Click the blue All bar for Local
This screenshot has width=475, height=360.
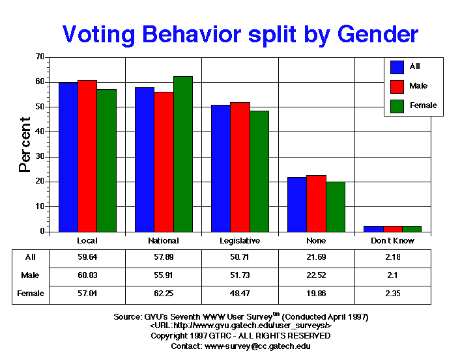68,157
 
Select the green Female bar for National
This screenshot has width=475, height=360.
182,154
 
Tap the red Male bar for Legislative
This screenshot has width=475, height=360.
240,167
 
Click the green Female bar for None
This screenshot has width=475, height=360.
335,206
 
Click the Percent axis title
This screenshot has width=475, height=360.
25,145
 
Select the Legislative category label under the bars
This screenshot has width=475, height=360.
240,241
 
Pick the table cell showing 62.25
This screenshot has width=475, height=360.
164,294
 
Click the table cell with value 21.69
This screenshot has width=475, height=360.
316,257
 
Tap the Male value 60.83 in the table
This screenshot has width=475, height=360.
87,275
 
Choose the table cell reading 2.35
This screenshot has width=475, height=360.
392,294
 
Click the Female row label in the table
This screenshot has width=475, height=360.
31,294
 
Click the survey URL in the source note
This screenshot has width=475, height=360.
241,325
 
